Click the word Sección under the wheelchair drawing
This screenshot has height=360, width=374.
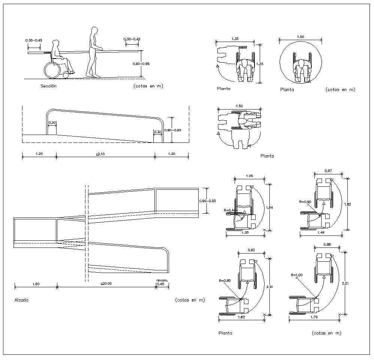point(49,86)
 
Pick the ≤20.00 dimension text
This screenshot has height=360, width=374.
point(106,284)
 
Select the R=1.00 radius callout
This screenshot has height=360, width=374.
point(297,275)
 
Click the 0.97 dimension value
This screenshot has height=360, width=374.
point(328,171)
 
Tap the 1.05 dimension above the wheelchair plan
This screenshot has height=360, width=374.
point(250,176)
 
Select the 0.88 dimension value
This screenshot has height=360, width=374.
point(327,244)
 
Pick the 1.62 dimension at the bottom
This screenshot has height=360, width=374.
point(241,317)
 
